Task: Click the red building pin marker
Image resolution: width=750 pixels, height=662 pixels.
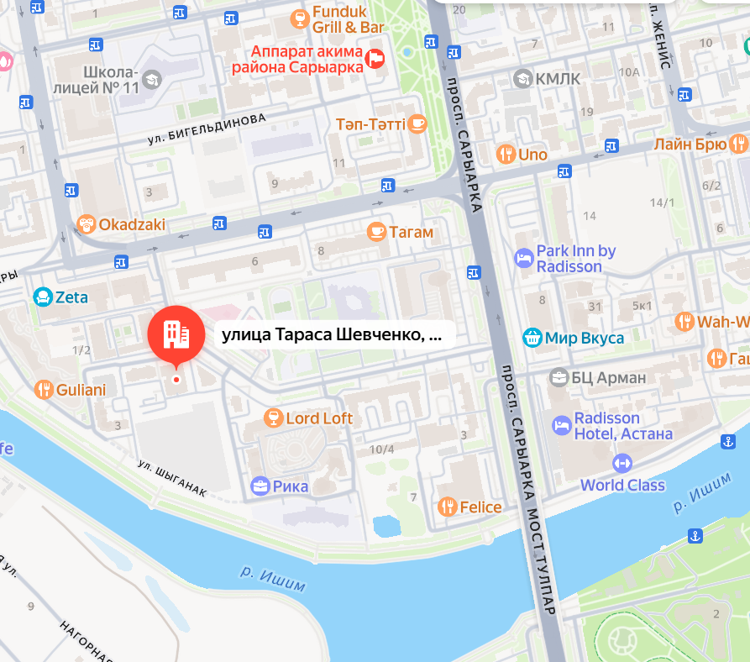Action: click(176, 334)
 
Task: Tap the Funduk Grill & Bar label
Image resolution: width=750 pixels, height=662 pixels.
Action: click(347, 20)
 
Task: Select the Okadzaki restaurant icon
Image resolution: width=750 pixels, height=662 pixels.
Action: click(86, 224)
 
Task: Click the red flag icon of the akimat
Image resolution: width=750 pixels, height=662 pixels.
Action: click(375, 58)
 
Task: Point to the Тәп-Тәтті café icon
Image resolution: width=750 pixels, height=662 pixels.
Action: click(417, 124)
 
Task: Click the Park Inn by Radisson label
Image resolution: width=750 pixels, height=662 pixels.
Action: click(575, 259)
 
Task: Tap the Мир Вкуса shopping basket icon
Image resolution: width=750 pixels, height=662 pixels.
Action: click(532, 338)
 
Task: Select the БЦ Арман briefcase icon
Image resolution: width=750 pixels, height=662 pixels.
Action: click(559, 377)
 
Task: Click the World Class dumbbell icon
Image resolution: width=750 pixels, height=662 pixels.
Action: click(622, 463)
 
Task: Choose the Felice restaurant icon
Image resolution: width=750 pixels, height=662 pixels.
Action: click(447, 507)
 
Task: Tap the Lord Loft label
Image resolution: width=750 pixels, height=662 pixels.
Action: click(319, 418)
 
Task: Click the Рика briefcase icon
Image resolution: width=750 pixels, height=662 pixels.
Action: click(260, 486)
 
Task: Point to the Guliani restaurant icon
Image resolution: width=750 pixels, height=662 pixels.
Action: click(44, 390)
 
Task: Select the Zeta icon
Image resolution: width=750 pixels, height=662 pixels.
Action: click(42, 297)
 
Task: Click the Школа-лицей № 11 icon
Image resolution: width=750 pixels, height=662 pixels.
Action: click(151, 80)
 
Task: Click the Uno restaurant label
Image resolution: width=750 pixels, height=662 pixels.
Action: click(532, 155)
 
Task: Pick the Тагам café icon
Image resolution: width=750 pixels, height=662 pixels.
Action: click(376, 231)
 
